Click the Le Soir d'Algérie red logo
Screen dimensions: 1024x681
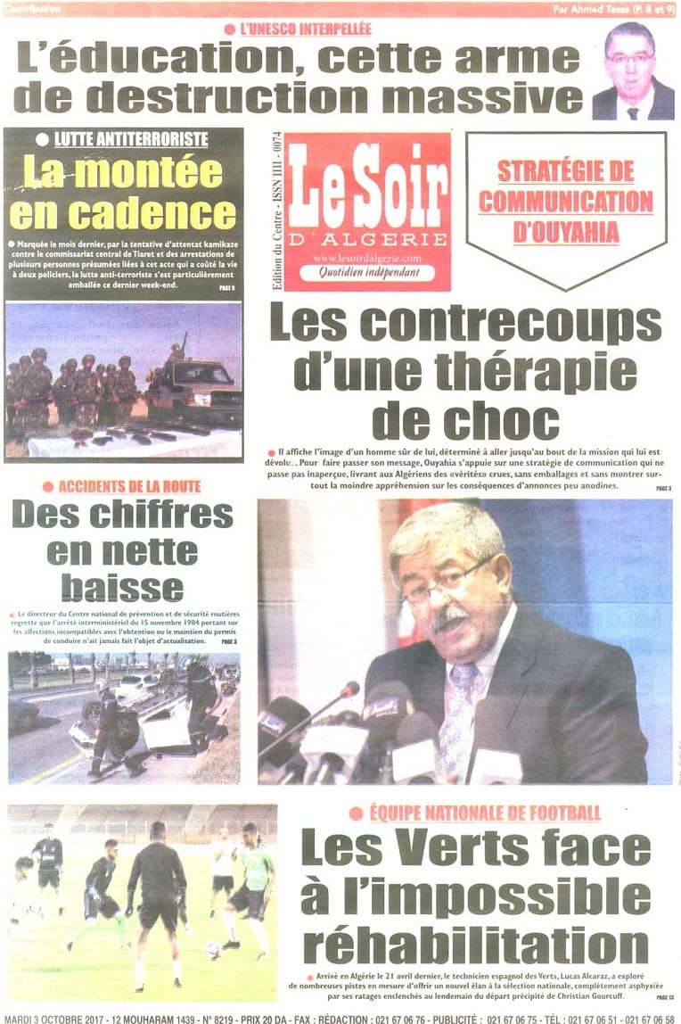[368, 211]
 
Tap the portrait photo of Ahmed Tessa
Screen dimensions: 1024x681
[632, 72]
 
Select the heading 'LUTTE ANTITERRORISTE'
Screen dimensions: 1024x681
[131, 140]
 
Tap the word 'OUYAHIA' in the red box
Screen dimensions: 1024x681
[566, 233]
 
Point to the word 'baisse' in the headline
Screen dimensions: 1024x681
[122, 588]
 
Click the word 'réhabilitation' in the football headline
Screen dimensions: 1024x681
[476, 946]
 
